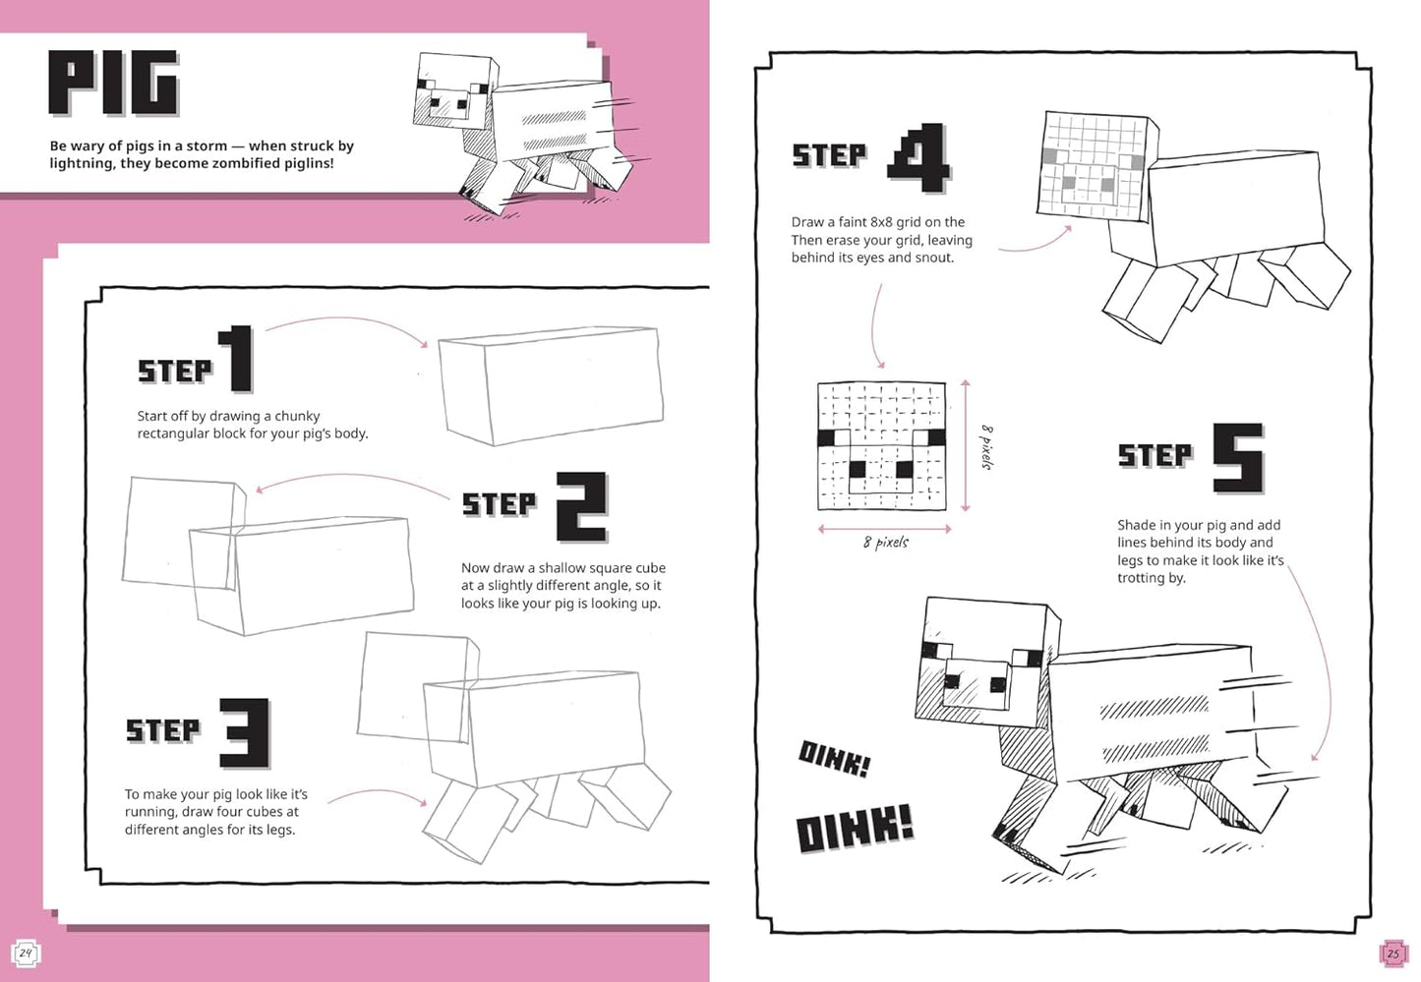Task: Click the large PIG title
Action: (113, 84)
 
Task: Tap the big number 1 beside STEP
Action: (238, 359)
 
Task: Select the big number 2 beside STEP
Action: (581, 506)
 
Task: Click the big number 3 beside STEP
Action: (244, 733)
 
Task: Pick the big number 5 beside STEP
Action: (1237, 457)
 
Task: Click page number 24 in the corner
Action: (26, 953)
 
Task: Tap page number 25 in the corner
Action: (1392, 953)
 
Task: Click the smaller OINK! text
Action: (834, 759)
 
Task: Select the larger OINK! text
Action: (854, 829)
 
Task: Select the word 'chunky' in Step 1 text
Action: (297, 416)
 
